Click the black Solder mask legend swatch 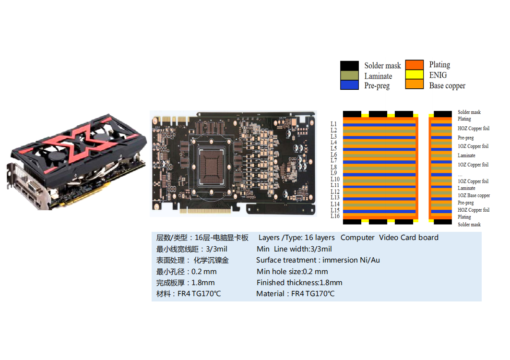click(349, 66)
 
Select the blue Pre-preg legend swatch click(349, 85)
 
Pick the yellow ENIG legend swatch click(415, 75)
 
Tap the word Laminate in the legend click(378, 76)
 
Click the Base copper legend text click(447, 86)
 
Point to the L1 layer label click(334, 124)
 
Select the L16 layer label click(335, 216)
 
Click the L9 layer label click(334, 173)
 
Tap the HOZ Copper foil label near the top click(474, 129)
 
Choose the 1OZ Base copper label click(474, 195)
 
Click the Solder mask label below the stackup click(469, 225)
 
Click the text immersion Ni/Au click(351, 260)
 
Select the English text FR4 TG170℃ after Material click(313, 294)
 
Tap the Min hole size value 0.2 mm click(315, 272)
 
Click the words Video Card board click(409, 238)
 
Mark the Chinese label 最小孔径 click(170, 272)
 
